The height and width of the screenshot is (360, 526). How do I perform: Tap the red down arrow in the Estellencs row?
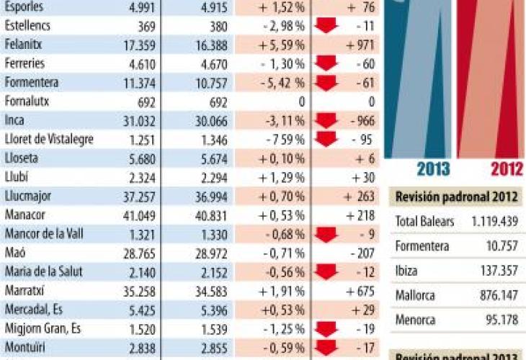tap(326, 27)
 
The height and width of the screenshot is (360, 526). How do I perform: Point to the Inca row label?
tap(14, 120)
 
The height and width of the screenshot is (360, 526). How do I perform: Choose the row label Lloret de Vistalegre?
tap(48, 139)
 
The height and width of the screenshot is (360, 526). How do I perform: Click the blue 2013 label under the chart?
tap(433, 169)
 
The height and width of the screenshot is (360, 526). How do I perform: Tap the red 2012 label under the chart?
tap(507, 169)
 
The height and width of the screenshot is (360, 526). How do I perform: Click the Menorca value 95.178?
tap(502, 320)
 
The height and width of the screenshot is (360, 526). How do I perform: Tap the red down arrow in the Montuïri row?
tap(326, 346)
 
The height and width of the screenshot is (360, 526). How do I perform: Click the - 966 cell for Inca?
tap(360, 120)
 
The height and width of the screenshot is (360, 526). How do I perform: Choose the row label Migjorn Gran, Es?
tap(42, 328)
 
